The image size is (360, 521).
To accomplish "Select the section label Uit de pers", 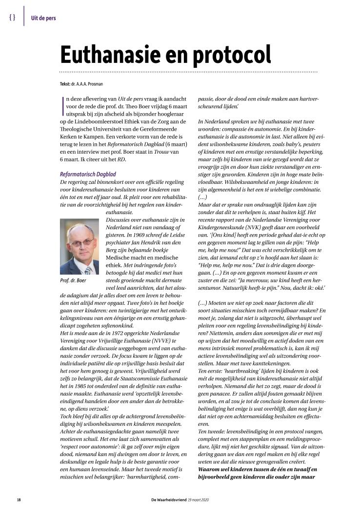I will pos(43,19).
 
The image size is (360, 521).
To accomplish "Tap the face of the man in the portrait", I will pos(79,246).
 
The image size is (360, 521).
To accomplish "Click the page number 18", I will pos(19,500).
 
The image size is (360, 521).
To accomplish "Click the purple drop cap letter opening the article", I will pos(63,102).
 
